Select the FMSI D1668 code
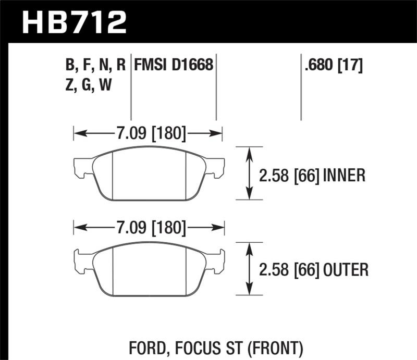coord(174,65)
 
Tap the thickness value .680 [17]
coord(332,65)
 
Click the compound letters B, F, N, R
coord(95,65)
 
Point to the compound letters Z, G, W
coord(85,84)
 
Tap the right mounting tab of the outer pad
coord(218,260)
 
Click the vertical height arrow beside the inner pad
coord(249,173)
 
